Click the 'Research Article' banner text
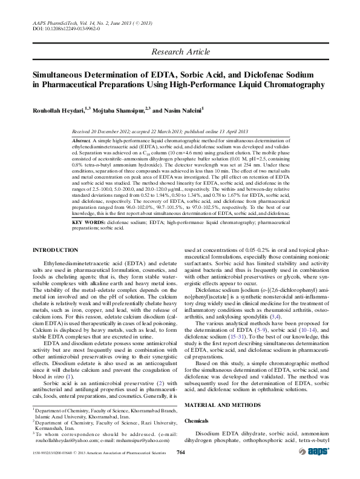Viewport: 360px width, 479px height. point(180,51)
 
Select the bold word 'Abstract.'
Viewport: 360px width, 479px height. point(82,140)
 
